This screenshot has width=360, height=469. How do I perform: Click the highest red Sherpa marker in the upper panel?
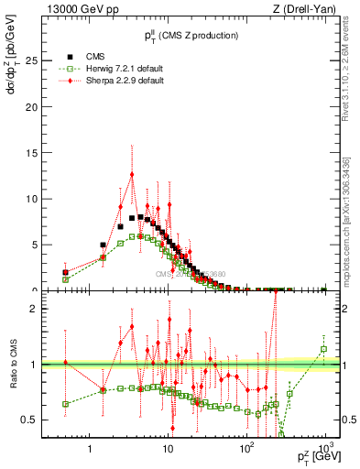tap(132, 174)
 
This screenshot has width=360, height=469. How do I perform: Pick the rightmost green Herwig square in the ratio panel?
tap(323, 349)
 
